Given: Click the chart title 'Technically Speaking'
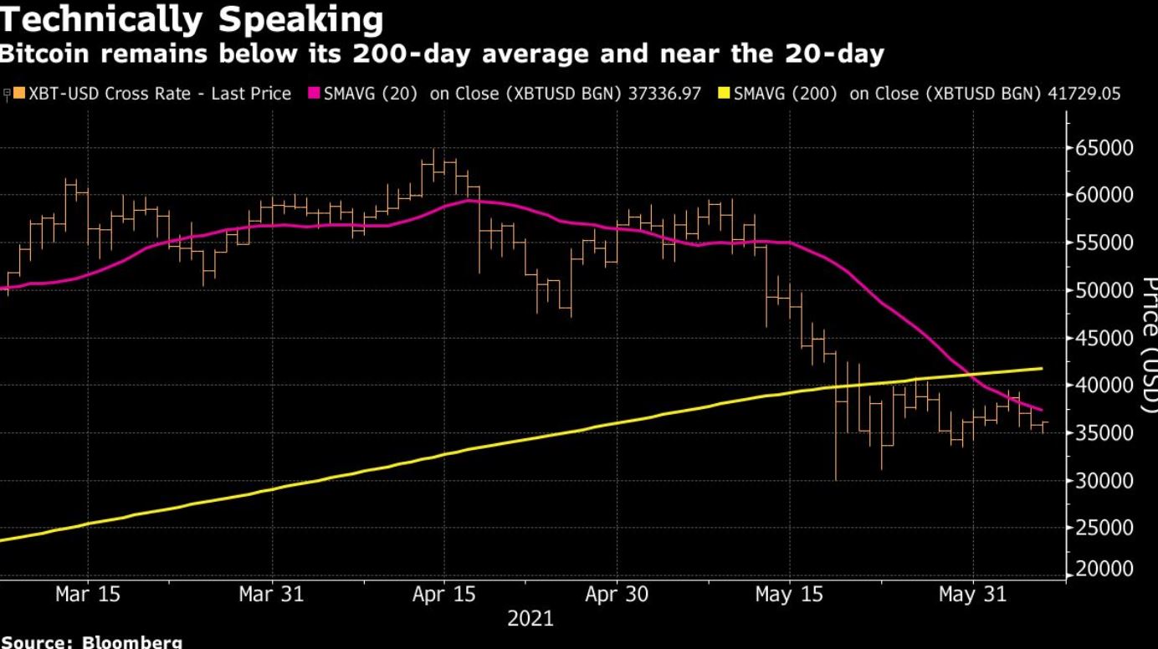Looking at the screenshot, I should [192, 19].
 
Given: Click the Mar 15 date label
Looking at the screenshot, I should [88, 595].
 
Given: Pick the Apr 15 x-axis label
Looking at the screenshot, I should [444, 595].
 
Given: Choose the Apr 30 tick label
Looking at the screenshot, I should [616, 595].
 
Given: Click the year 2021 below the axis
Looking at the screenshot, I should [530, 619].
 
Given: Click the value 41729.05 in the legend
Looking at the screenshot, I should [1084, 94].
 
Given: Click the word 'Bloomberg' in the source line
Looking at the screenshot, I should [131, 642].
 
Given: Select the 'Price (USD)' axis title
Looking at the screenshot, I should [1148, 343].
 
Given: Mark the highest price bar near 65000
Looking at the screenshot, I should [433, 151].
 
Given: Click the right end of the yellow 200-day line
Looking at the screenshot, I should [1041, 368].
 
